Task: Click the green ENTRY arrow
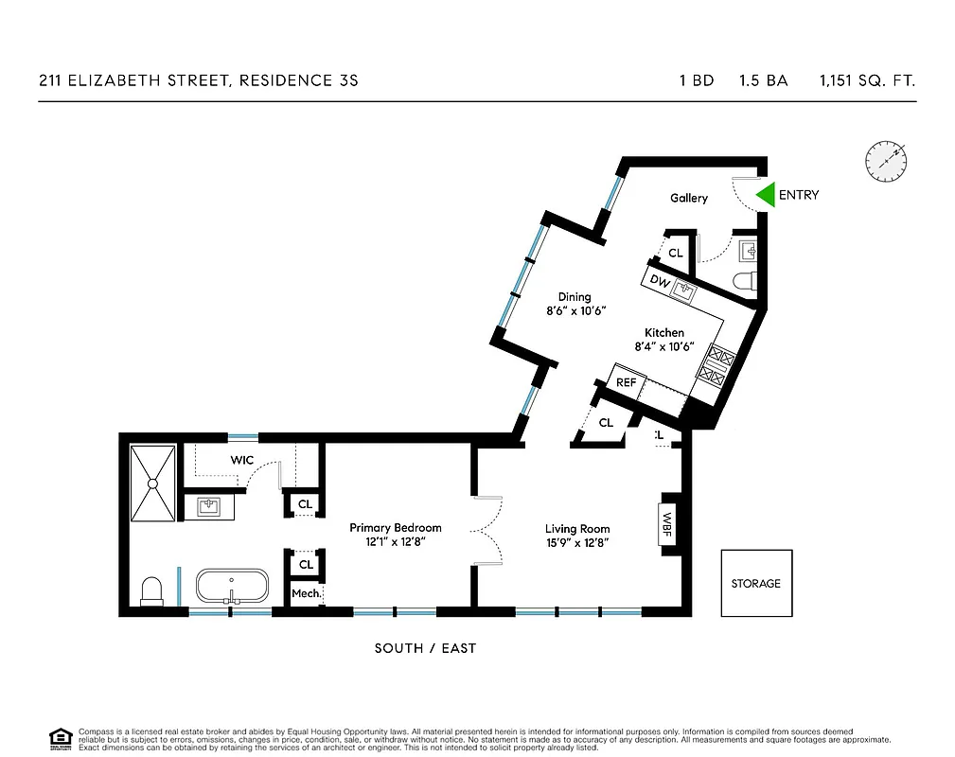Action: tap(764, 195)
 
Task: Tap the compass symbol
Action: tap(885, 161)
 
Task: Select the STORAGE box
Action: tap(756, 583)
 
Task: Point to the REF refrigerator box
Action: tap(626, 382)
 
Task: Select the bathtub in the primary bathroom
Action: tap(232, 586)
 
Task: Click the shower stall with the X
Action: tap(151, 483)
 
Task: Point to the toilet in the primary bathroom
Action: tap(151, 591)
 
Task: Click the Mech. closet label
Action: tap(305, 593)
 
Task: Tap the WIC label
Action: tap(242, 460)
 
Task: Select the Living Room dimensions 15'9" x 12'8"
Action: tap(576, 543)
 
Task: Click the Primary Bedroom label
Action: tap(395, 528)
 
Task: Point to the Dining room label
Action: tap(575, 297)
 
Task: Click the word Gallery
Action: tap(688, 198)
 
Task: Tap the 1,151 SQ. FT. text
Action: tap(867, 81)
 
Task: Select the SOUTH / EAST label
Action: tap(425, 648)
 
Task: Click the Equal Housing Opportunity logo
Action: tap(61, 738)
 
